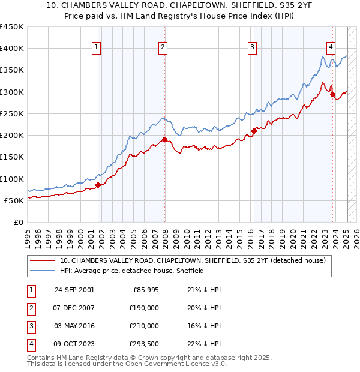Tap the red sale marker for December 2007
click(164, 139)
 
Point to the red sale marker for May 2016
click(254, 131)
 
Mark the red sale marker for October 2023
click(332, 94)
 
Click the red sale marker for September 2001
click(98, 185)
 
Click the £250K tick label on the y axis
click(12, 113)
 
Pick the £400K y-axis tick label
click(12, 49)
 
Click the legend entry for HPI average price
click(132, 271)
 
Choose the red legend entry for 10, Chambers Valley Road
click(192, 260)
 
